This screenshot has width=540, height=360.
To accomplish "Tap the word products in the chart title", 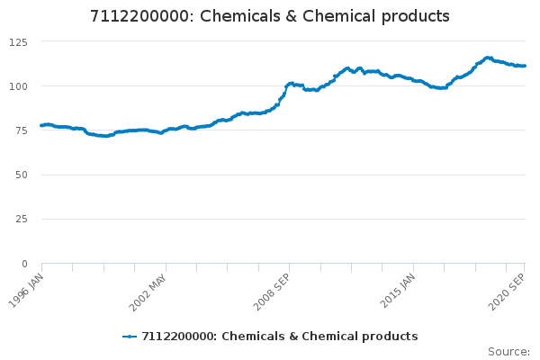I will point(414,17).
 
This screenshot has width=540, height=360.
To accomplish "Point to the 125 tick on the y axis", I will point(19,42).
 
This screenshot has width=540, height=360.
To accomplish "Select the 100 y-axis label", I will point(19,86).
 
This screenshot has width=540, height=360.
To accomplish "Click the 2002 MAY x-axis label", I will point(148,290).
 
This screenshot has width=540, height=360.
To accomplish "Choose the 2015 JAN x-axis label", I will point(397,290).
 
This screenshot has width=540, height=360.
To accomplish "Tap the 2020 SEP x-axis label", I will point(507,290).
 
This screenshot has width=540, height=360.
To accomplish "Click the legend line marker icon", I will point(130,337).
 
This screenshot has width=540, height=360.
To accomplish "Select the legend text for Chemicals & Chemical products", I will point(279,337).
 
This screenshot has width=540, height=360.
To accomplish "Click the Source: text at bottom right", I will point(508,351).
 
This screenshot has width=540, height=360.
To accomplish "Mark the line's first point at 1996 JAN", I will point(42,125).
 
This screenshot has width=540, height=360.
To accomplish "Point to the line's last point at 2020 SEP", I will point(525,66).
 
